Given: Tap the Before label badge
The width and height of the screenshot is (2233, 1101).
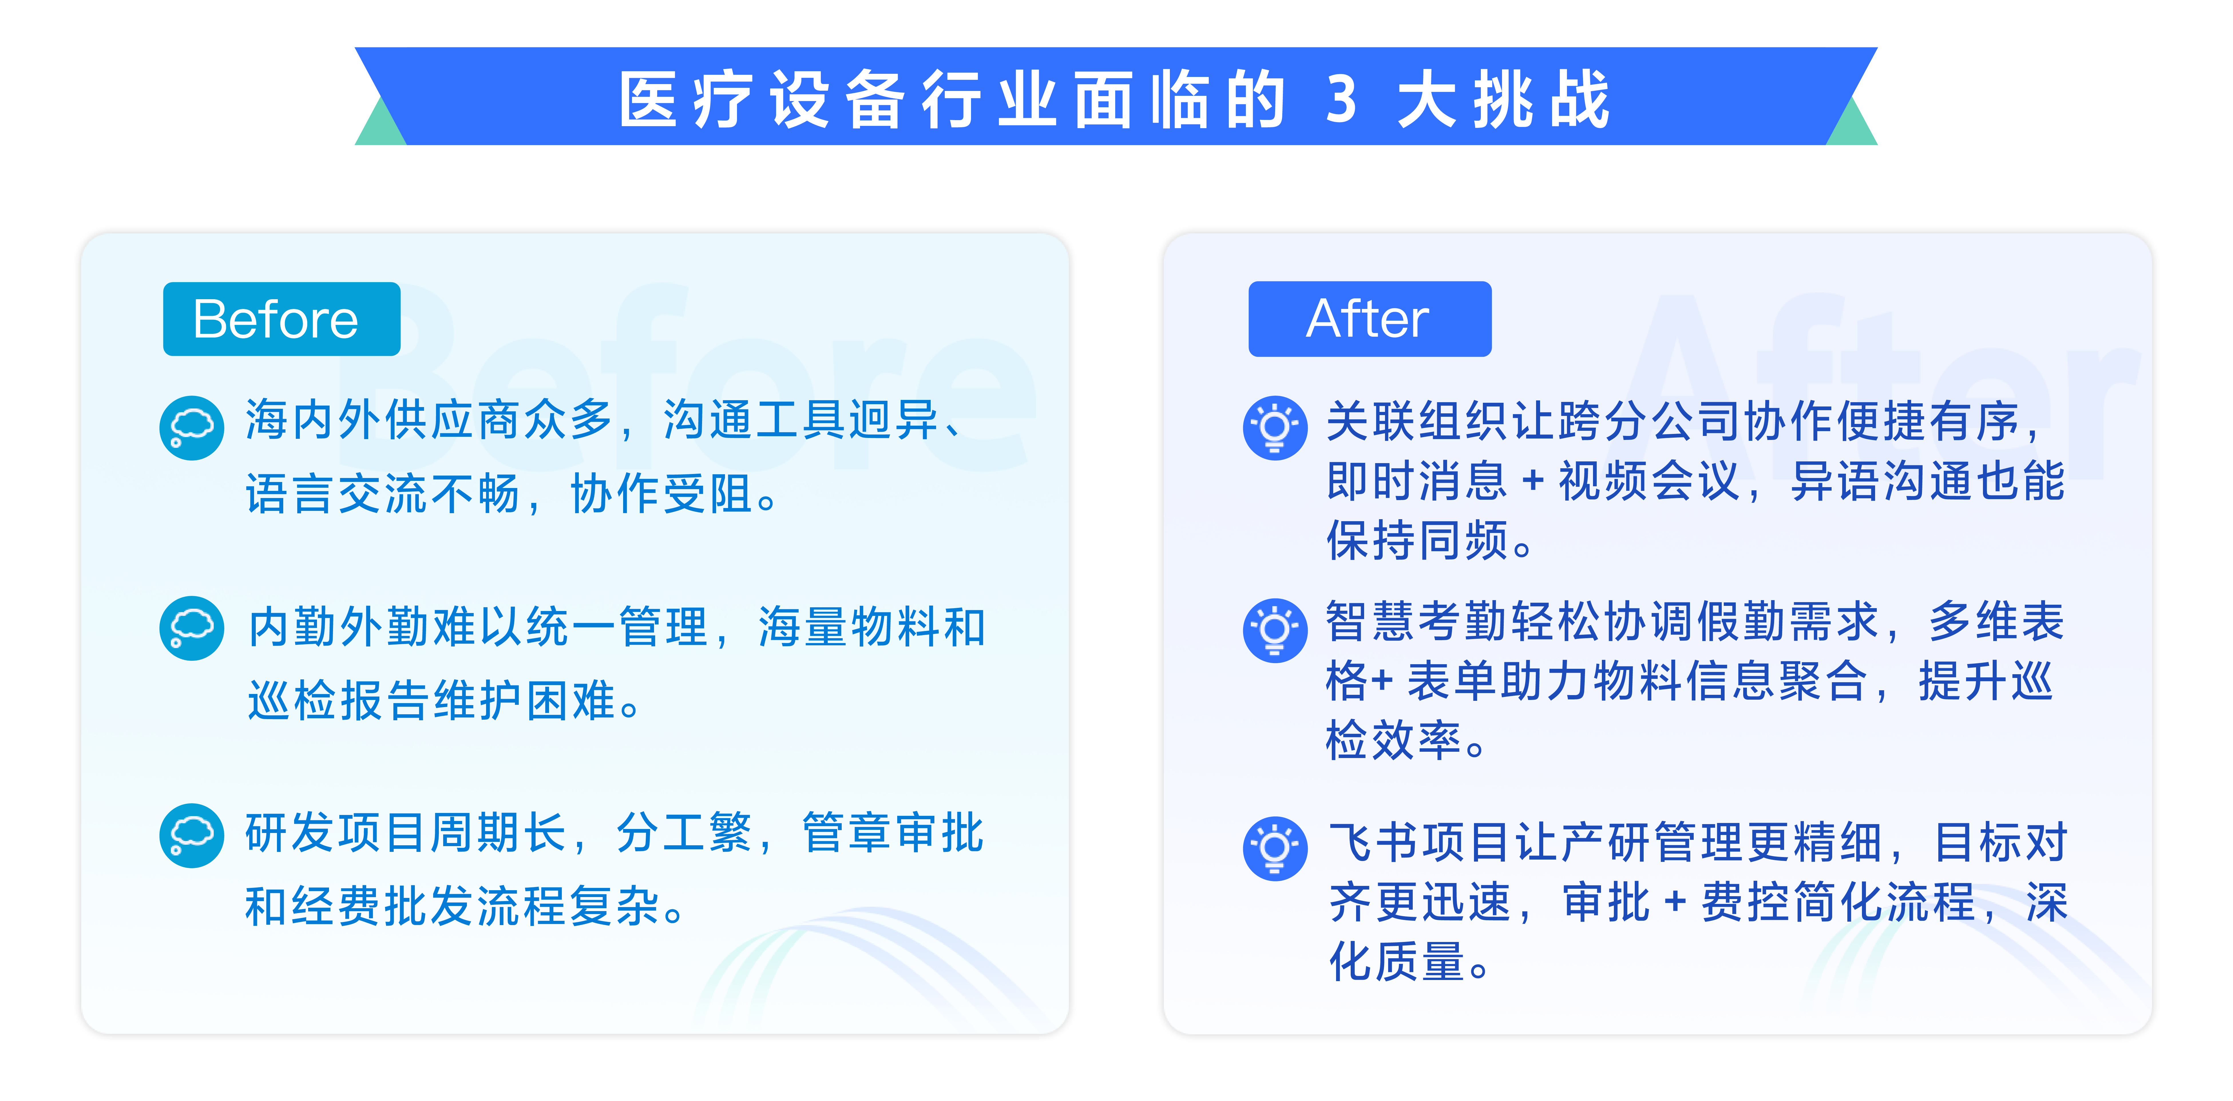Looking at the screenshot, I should [x=282, y=319].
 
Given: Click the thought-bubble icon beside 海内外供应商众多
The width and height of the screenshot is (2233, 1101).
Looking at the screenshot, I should [x=192, y=427].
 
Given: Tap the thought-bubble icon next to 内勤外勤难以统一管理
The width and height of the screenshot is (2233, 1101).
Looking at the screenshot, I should [x=192, y=628].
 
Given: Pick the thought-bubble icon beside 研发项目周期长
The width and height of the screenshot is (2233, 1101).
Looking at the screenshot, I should [x=192, y=835].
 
